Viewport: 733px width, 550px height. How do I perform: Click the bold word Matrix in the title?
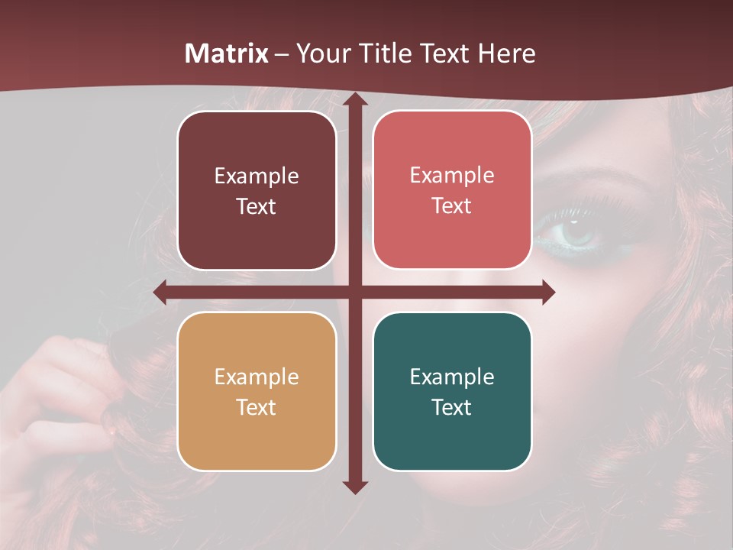coord(227,53)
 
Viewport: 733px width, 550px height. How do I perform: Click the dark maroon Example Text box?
coord(257,190)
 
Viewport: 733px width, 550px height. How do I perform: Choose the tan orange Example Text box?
coord(257,391)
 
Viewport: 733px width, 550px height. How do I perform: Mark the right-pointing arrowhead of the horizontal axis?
coord(547,293)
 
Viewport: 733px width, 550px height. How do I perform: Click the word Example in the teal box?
coord(452,377)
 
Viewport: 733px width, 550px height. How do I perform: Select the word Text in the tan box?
coord(257,407)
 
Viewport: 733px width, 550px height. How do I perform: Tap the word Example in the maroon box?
coord(257,176)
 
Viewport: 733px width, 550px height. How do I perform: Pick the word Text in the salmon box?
coord(452,205)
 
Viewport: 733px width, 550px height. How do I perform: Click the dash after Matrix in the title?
coord(282,54)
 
